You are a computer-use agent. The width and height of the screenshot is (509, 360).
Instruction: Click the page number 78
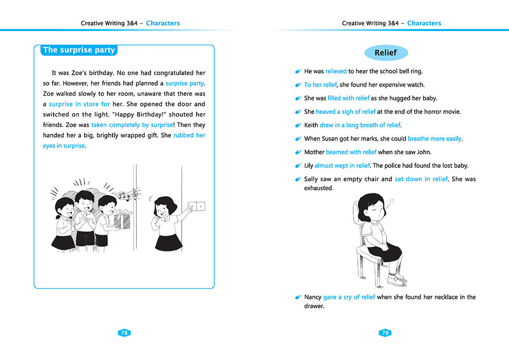click(124, 333)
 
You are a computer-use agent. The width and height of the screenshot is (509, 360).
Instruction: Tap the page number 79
click(385, 333)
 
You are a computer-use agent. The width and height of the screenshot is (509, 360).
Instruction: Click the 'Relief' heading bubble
click(385, 53)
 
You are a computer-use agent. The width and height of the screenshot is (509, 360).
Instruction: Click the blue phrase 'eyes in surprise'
click(64, 146)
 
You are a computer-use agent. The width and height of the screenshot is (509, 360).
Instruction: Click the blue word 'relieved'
click(336, 71)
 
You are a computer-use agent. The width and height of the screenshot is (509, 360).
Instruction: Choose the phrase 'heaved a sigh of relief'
click(346, 112)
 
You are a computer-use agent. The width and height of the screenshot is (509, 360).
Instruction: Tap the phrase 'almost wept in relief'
click(342, 165)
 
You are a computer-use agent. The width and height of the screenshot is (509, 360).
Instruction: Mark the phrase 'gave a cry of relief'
click(349, 297)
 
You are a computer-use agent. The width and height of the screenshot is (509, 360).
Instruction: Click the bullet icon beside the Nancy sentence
click(298, 297)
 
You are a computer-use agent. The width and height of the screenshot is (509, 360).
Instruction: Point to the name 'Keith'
click(311, 125)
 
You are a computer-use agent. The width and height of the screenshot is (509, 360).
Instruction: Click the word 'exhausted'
click(318, 188)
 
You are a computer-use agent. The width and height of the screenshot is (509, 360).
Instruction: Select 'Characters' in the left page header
click(163, 23)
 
